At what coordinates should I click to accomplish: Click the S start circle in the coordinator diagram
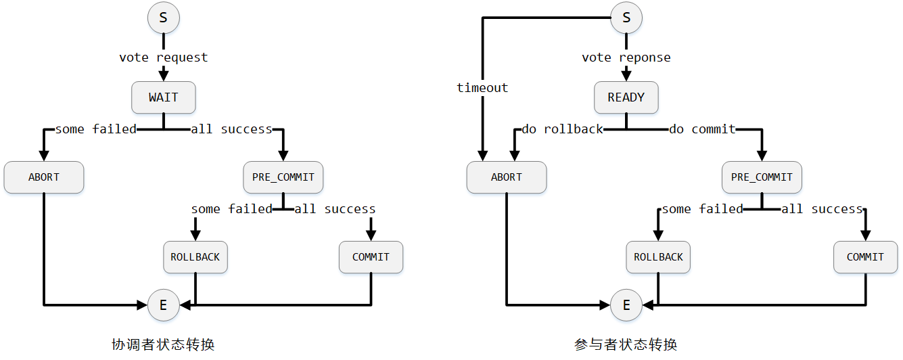163,18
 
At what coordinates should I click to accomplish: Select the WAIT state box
163,97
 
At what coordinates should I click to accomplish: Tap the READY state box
626,97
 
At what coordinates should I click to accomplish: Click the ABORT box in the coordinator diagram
44,177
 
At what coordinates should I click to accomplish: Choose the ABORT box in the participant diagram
506,177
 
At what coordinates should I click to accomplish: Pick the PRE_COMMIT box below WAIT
283,177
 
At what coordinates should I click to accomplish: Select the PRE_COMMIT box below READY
762,177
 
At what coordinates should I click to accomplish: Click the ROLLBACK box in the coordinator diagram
195,257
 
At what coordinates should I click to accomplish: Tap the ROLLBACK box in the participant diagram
658,257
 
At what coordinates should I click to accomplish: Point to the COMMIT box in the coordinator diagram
371,257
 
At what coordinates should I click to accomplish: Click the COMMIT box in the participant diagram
865,257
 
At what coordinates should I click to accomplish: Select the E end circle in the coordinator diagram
163,305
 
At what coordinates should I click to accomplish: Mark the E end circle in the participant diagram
626,305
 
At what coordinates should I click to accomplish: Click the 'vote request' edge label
164,58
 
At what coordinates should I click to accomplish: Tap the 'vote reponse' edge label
626,58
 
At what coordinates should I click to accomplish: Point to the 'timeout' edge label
482,88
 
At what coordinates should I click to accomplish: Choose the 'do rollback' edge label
562,129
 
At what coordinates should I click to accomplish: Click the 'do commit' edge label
702,129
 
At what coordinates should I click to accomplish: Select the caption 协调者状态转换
163,344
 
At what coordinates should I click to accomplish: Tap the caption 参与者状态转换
626,344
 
